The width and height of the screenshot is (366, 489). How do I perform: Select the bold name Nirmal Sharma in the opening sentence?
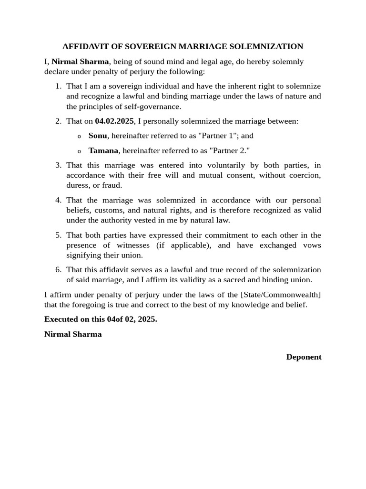pos(80,62)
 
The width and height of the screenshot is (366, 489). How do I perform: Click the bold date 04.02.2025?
pos(114,121)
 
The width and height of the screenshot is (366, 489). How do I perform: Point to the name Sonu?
pos(98,136)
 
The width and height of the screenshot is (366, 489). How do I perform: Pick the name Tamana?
pos(103,151)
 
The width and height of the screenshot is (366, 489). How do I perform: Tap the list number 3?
pos(58,165)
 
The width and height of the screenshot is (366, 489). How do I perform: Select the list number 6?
pos(58,270)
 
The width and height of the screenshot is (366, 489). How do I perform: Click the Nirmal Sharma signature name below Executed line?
pos(73,334)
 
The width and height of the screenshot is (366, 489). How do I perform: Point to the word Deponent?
pos(304,357)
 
